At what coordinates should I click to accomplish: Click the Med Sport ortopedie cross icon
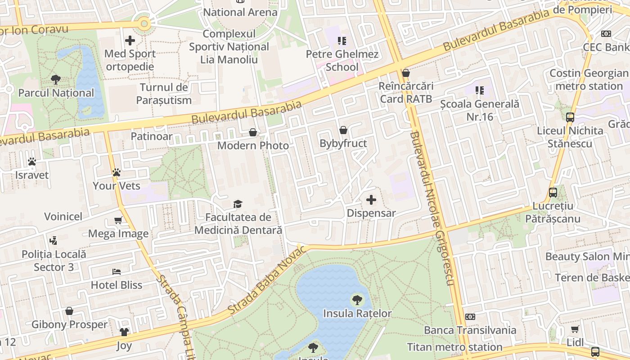coord(130,40)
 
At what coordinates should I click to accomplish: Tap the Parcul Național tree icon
coord(56,80)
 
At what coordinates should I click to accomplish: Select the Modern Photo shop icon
coord(253,132)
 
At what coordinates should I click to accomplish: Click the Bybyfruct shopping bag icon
coord(343,130)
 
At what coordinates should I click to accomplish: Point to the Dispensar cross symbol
coord(371,200)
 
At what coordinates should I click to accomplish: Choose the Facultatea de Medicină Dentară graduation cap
coord(238,204)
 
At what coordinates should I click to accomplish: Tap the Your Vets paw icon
coord(117,172)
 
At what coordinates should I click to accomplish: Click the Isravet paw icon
coord(31,162)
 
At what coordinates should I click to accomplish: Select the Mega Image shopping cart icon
coord(118,220)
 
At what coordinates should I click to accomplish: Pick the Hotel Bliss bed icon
coord(117,272)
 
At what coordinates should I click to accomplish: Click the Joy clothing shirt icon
coord(124,333)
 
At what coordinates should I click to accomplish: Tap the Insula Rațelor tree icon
coord(357,299)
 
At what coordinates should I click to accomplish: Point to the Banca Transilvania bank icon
coord(470,317)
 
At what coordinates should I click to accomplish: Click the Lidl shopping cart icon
coord(575,329)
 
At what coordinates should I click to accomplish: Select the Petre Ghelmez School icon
coord(342,41)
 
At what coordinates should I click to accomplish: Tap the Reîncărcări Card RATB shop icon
coord(406,72)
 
